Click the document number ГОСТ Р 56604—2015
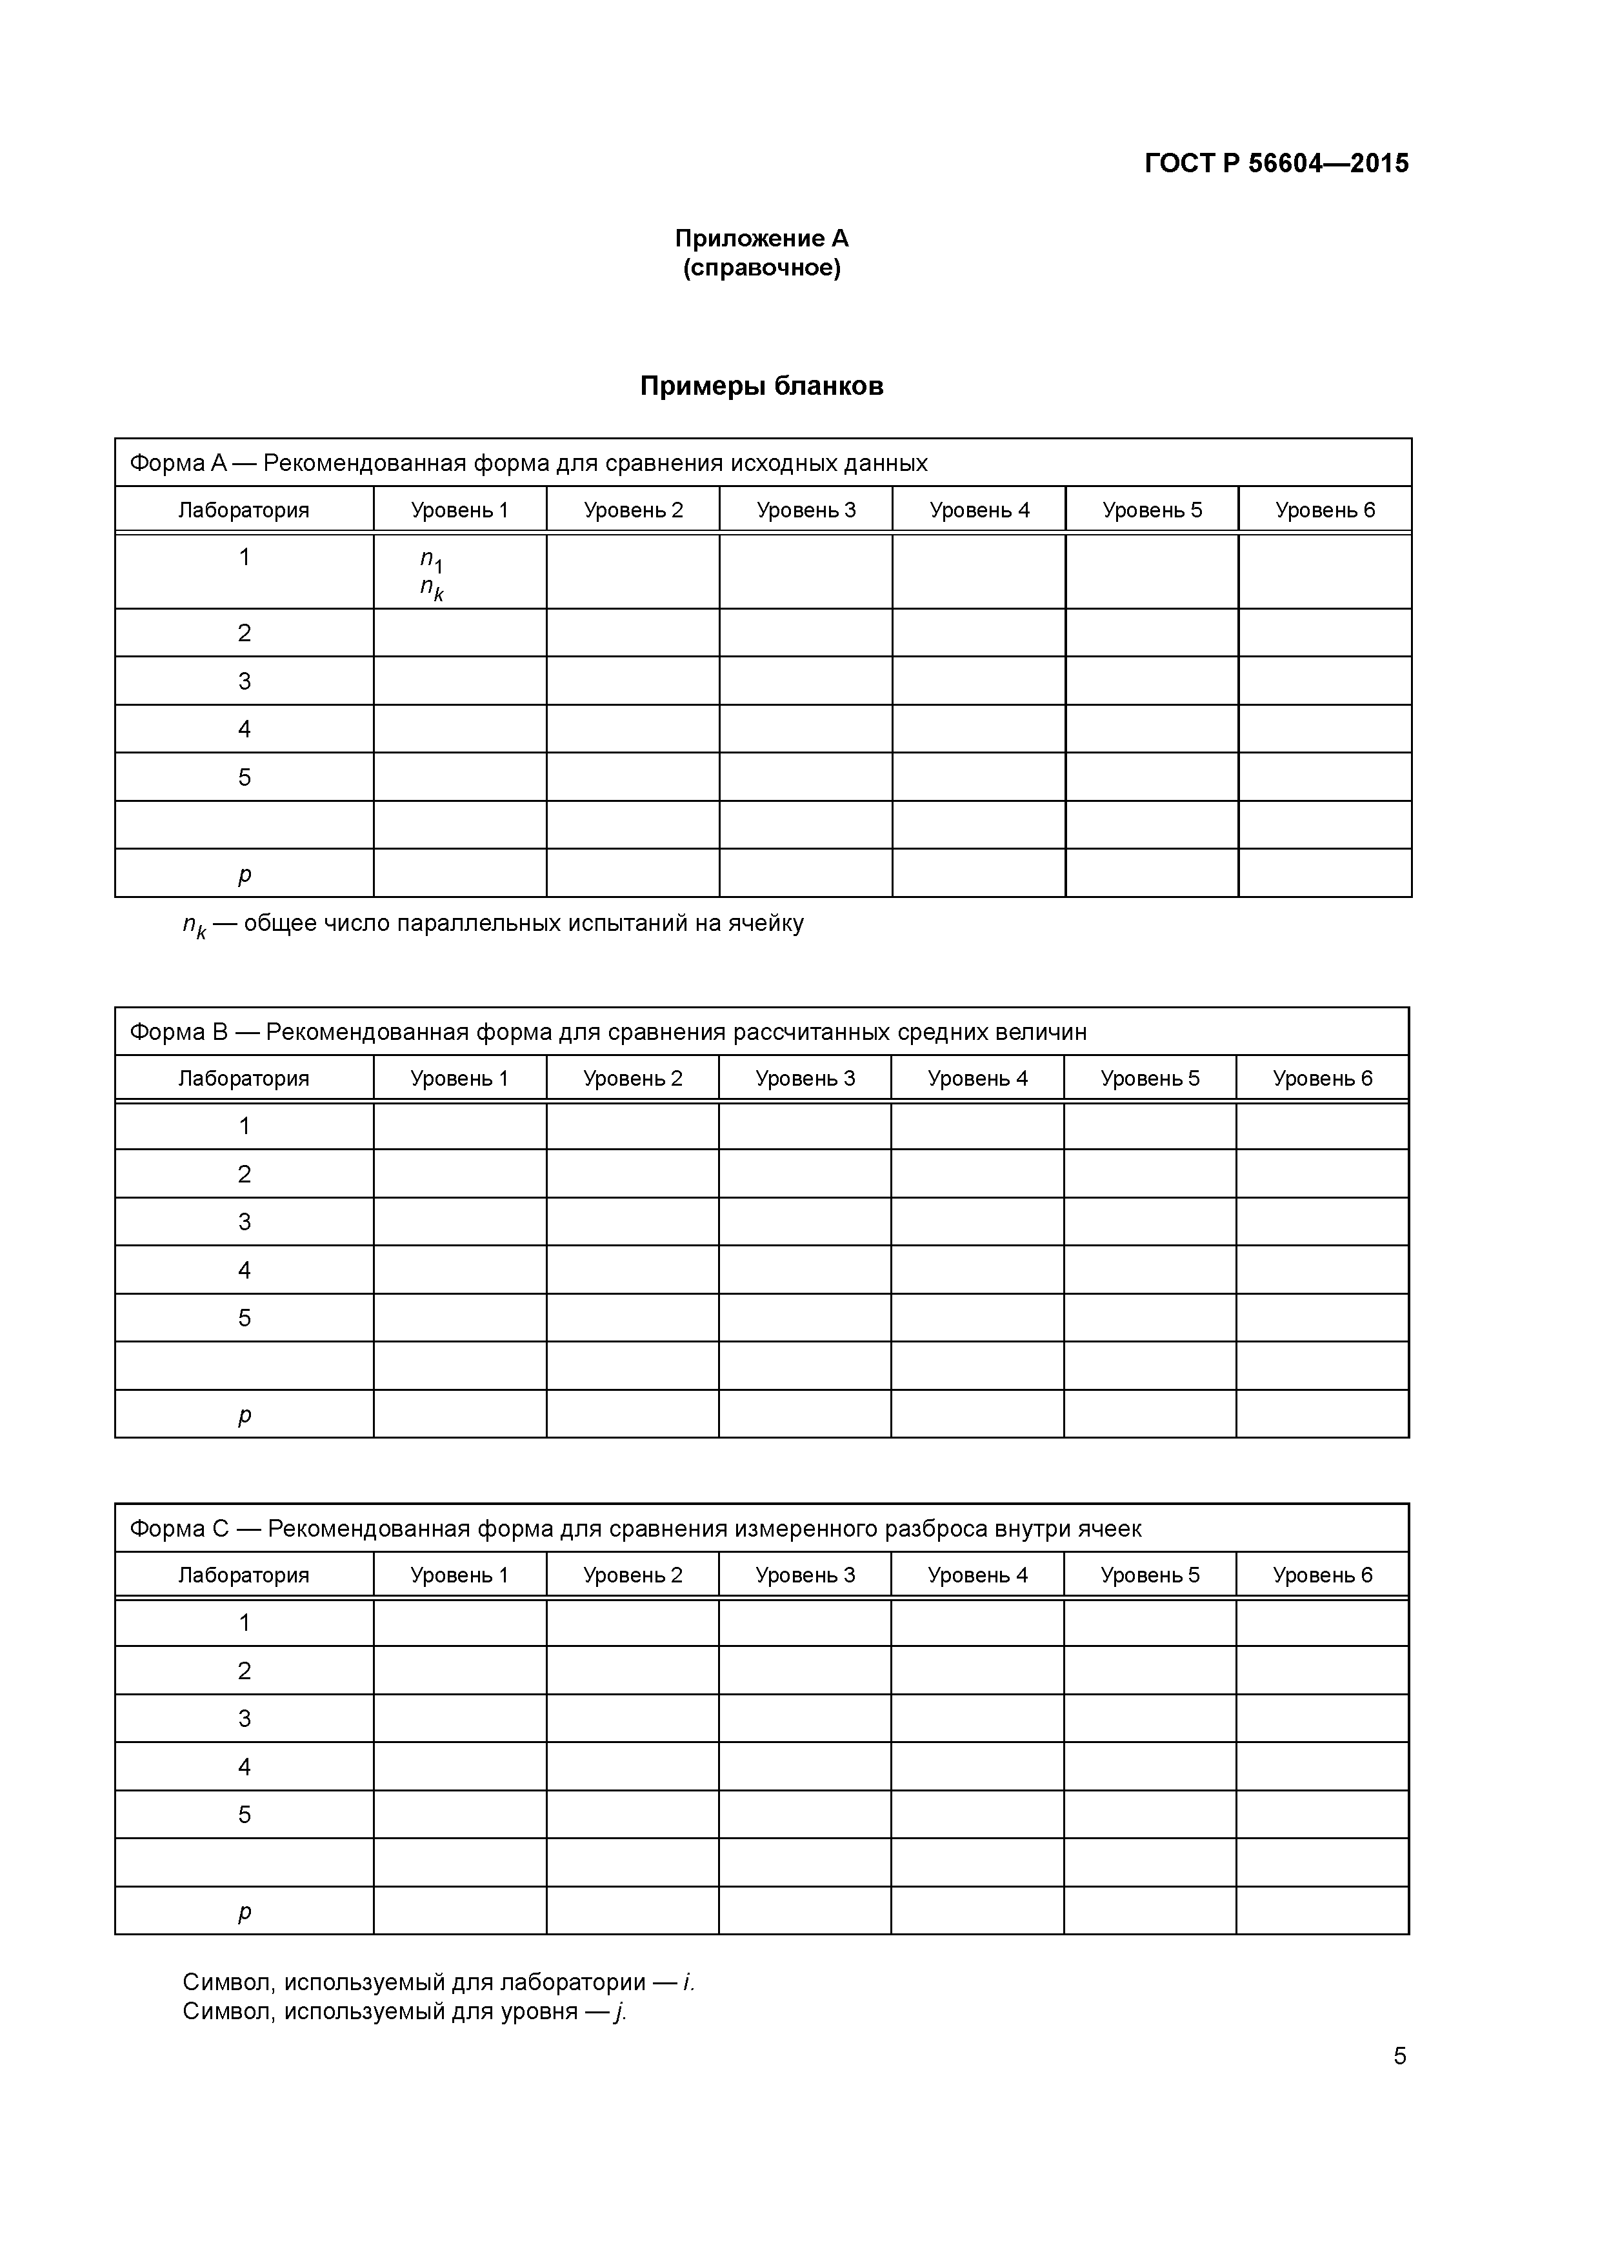[1277, 164]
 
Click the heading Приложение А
[761, 239]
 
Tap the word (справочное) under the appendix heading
[761, 268]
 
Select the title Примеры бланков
[761, 385]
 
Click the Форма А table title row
[528, 463]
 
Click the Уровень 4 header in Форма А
[979, 510]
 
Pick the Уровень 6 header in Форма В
[1322, 1078]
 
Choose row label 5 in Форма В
[245, 1318]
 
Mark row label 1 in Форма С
[245, 1622]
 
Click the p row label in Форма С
[245, 1912]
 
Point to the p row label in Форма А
[245, 874]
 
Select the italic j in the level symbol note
[619, 2011]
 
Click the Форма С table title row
[635, 1529]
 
